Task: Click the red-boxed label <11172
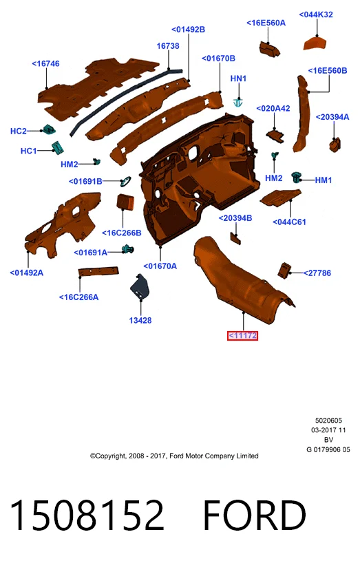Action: tap(242, 336)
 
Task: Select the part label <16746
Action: tap(45, 63)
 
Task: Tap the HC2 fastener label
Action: tap(19, 131)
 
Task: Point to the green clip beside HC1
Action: tap(57, 147)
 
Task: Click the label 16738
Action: tap(168, 46)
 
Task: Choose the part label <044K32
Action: tap(316, 14)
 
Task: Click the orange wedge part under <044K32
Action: tap(315, 43)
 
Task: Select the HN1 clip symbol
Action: tap(238, 103)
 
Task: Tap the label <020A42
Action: tap(273, 109)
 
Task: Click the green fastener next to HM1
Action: tap(297, 177)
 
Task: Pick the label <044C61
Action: tap(289, 222)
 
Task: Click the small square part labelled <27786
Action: tap(284, 270)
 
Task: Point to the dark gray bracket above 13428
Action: tap(139, 287)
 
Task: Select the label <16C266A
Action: tap(78, 297)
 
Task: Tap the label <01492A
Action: tap(27, 273)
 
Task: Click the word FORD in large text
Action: tap(255, 516)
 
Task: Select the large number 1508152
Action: tap(87, 516)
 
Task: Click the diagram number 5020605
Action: tap(328, 421)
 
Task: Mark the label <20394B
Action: tap(235, 218)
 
